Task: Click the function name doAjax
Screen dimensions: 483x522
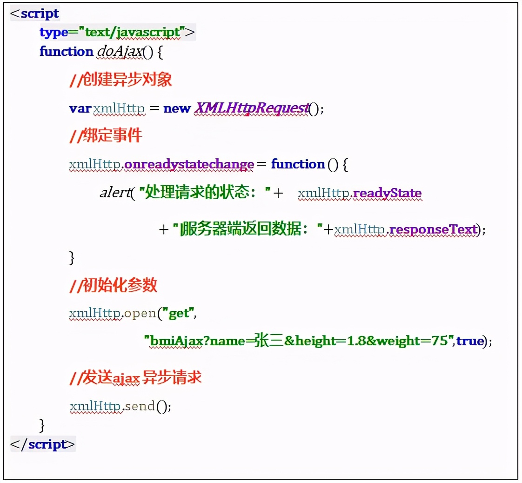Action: click(119, 52)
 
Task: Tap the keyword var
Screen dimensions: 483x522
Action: click(80, 109)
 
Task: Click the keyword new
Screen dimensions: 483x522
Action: click(177, 109)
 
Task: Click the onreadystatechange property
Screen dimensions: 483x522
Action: click(189, 164)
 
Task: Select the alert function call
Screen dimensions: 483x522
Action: click(114, 193)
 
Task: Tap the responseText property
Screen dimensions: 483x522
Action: click(433, 229)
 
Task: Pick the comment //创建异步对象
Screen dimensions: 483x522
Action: click(120, 80)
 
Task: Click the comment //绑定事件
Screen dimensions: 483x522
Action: click(106, 136)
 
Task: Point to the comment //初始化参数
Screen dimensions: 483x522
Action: click(113, 285)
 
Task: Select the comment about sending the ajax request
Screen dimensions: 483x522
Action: click(135, 378)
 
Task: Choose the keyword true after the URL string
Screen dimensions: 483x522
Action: click(470, 341)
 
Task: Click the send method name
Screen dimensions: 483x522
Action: click(140, 406)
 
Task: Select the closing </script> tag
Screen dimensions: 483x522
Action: click(42, 444)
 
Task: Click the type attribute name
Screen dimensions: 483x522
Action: click(54, 33)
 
